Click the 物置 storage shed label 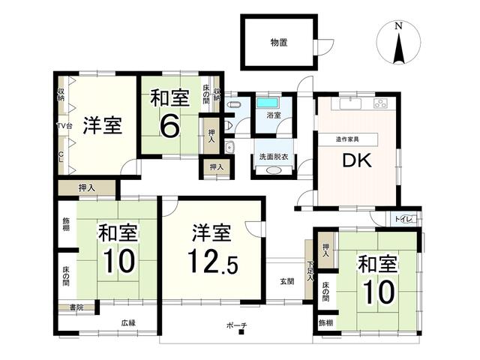coord(278,42)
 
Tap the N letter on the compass coord(398,27)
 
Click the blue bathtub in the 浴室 coord(268,103)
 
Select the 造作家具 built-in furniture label coord(347,139)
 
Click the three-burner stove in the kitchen coord(379,103)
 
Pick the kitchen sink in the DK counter coord(346,103)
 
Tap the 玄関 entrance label coord(287,281)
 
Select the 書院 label coord(76,307)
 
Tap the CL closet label coord(61,157)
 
